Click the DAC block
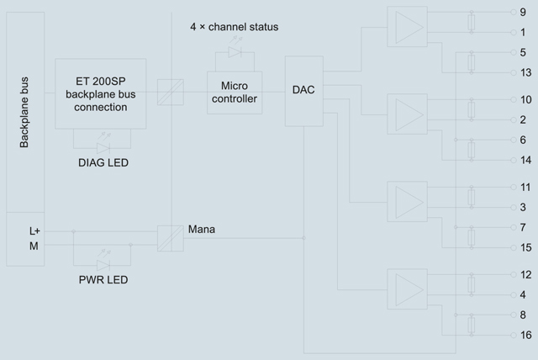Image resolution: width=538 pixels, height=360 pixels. click(x=304, y=91)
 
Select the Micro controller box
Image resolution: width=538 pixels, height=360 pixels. click(x=235, y=93)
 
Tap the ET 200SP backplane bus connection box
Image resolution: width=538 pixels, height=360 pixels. click(x=101, y=93)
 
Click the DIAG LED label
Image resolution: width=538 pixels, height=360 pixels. click(x=103, y=162)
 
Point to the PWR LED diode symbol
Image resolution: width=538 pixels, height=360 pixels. click(x=103, y=265)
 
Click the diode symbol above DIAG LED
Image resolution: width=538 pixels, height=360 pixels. click(x=103, y=148)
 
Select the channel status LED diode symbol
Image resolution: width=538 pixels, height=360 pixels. click(x=235, y=52)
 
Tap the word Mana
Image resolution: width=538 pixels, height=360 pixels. click(x=202, y=230)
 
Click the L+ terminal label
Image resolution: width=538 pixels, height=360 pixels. click(x=34, y=231)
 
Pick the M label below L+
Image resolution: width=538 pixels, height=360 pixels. click(x=34, y=246)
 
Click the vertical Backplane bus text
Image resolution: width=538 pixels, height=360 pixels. click(x=24, y=112)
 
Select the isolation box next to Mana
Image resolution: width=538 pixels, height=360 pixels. click(x=171, y=239)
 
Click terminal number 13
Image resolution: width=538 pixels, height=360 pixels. click(x=525, y=72)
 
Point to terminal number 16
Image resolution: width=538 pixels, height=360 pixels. click(x=525, y=335)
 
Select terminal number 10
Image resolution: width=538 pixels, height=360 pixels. click(x=525, y=100)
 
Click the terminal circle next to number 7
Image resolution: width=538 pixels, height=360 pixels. click(x=514, y=227)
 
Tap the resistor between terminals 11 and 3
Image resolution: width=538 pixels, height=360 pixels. click(x=472, y=198)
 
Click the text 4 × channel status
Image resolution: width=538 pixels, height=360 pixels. click(x=235, y=27)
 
